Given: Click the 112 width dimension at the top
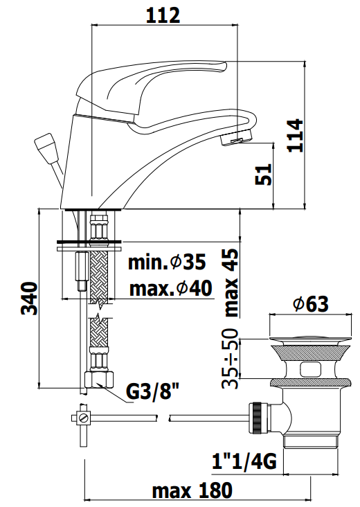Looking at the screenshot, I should click(x=164, y=15).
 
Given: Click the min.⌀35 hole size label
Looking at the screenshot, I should click(x=166, y=263).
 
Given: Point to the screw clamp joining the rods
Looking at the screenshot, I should click(x=82, y=418).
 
